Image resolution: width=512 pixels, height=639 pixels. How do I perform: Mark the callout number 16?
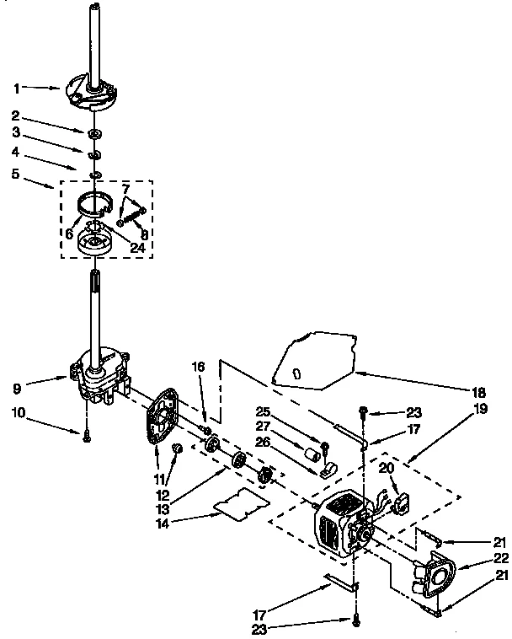[199, 368]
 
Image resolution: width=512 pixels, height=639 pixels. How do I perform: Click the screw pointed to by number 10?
[87, 434]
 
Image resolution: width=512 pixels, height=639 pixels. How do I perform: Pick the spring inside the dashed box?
[131, 217]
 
